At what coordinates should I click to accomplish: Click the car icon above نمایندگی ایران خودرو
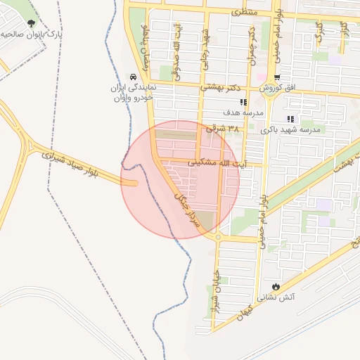tap(132, 77)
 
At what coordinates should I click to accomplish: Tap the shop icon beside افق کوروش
tap(277, 77)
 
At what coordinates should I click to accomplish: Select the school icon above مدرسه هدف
tap(243, 102)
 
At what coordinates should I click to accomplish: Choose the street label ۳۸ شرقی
tap(224, 129)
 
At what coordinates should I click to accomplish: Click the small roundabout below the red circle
tap(218, 237)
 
